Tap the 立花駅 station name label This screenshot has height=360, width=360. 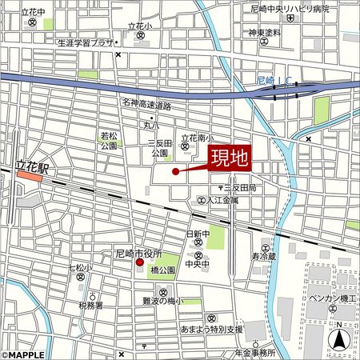33,169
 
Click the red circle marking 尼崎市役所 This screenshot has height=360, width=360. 138,262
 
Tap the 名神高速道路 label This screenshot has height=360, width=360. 146,104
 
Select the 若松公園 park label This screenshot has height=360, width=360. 110,142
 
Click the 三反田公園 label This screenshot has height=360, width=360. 160,147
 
